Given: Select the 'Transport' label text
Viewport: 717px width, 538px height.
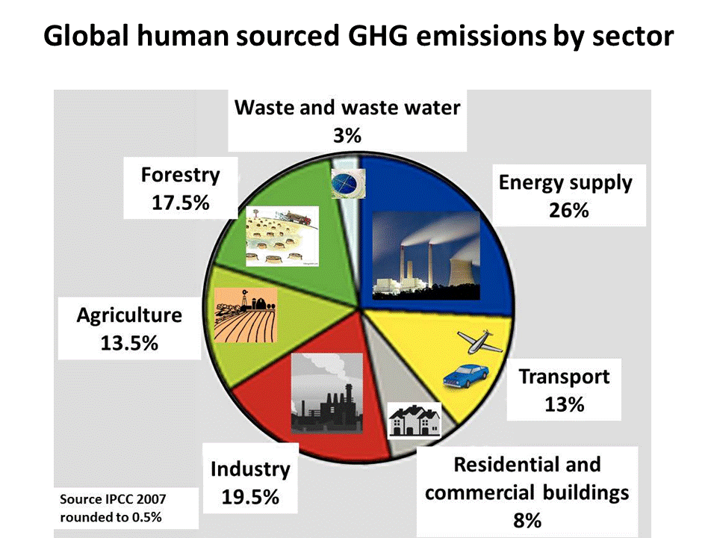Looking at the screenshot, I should [x=564, y=376].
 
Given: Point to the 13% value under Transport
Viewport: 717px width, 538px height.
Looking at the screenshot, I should [x=564, y=404].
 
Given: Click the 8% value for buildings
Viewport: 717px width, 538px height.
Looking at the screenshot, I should [x=527, y=520].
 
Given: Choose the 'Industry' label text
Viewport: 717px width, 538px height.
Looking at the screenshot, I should [x=249, y=469].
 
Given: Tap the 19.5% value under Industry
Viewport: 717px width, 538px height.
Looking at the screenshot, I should [x=250, y=497].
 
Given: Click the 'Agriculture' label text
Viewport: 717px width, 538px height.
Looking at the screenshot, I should [x=129, y=315].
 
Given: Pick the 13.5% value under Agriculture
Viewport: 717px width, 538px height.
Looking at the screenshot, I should [x=129, y=343].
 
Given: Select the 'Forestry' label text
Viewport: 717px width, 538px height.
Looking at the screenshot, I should [x=181, y=175].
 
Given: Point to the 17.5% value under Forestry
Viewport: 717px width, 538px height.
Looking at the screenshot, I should [x=181, y=202].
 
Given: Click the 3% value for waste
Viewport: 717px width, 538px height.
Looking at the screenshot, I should [x=347, y=136].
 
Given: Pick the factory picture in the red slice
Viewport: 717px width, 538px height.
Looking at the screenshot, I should [x=326, y=392].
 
